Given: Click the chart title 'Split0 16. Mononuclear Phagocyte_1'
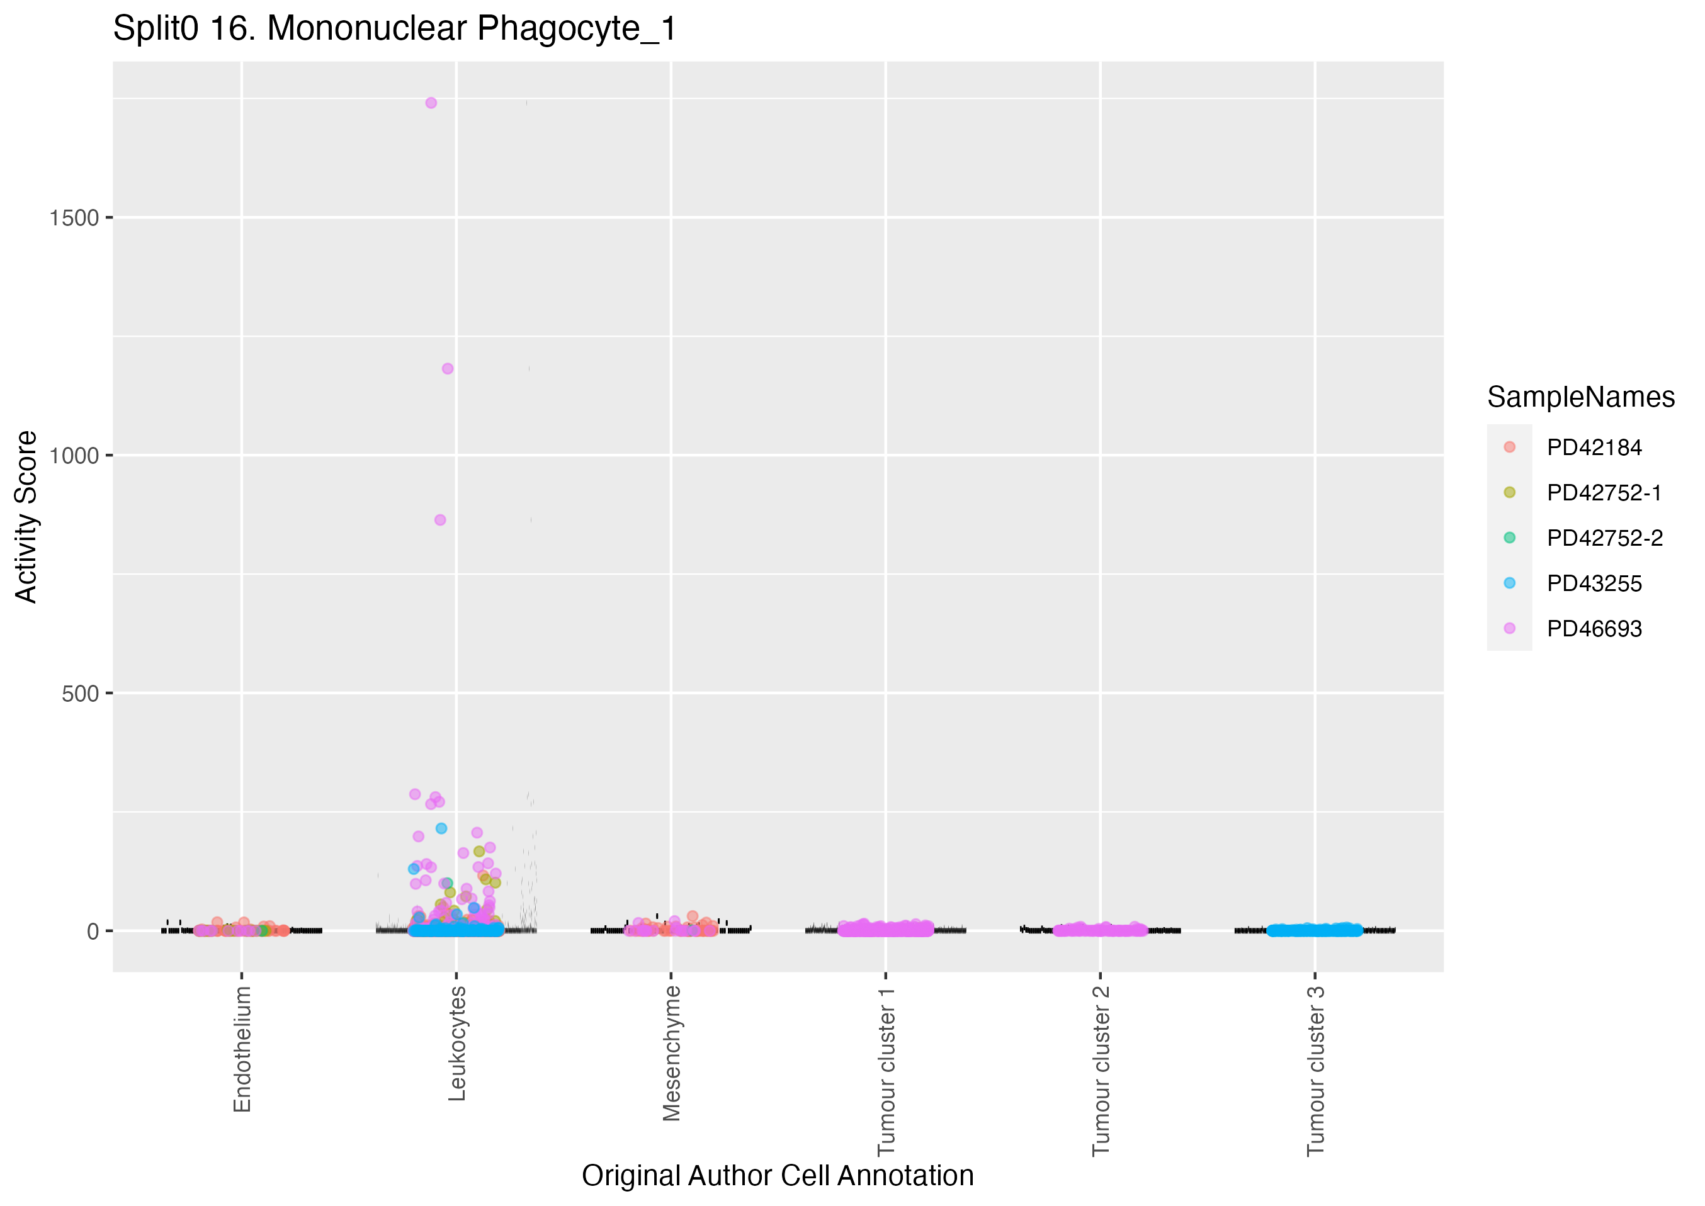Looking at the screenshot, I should (394, 29).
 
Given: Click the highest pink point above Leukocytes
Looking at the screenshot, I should (431, 103).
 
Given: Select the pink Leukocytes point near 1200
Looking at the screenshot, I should (447, 368).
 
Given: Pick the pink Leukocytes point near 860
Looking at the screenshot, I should (439, 520).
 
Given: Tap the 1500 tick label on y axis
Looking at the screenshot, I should (74, 218).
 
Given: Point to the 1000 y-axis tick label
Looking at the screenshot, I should (74, 456).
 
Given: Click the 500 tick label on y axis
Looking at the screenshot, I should (80, 694).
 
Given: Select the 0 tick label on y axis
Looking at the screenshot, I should (93, 931).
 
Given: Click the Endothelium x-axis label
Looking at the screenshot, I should (242, 1049).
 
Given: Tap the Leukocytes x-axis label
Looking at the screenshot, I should (456, 1044).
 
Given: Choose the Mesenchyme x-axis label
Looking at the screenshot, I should (671, 1053).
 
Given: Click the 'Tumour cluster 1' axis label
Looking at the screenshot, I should (886, 1071).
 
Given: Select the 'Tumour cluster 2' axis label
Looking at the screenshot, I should (1101, 1071).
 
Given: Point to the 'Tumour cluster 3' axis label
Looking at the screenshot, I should (1315, 1071).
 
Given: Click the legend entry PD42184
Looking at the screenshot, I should (1594, 448).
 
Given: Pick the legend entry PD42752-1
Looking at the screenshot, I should (1604, 493).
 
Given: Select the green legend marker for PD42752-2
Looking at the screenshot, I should (1509, 538).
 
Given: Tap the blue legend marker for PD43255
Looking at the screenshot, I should (1509, 583).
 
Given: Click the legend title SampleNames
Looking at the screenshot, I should (1580, 397).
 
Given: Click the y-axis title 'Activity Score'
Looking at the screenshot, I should (26, 516).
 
